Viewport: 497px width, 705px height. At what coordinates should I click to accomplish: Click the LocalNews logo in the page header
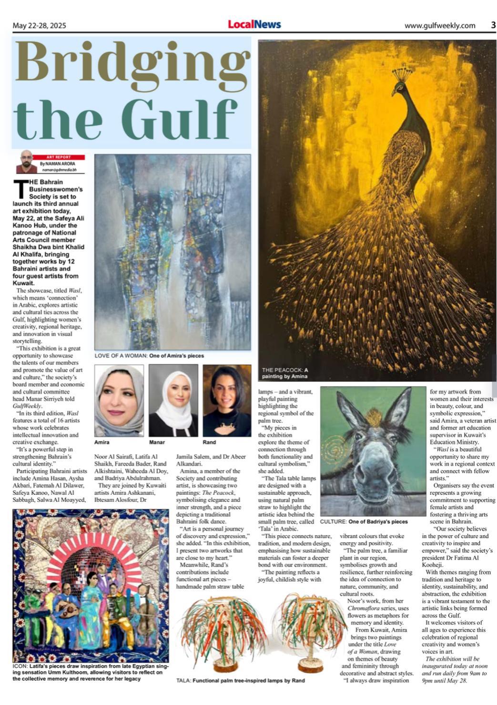(x=254, y=24)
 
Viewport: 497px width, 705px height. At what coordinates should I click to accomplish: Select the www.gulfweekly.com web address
(x=439, y=26)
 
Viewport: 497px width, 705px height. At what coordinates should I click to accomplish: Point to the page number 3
(x=493, y=25)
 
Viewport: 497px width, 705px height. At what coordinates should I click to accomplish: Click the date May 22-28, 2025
(x=40, y=26)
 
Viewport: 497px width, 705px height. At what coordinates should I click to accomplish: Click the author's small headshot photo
(x=27, y=162)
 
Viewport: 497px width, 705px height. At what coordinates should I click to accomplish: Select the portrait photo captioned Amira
(x=119, y=401)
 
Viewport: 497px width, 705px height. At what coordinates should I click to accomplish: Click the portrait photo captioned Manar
(x=173, y=401)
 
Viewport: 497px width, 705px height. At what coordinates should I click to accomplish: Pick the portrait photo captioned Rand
(x=227, y=401)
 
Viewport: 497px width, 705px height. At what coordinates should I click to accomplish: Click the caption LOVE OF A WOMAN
(x=121, y=356)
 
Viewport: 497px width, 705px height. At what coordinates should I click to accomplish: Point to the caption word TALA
(x=183, y=681)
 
